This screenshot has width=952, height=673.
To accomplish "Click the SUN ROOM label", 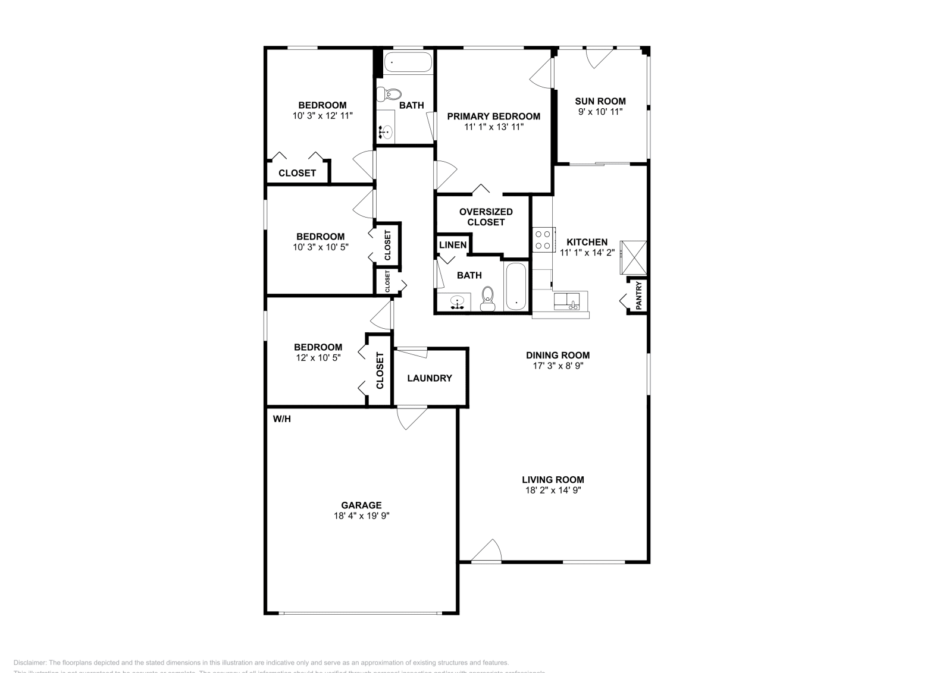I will click(x=600, y=101).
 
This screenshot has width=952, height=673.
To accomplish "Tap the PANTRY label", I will click(x=639, y=295).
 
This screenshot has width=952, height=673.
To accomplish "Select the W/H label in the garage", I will click(x=281, y=419).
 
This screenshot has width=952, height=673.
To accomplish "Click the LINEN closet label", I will click(x=453, y=245).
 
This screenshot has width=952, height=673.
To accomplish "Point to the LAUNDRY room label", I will click(x=430, y=378).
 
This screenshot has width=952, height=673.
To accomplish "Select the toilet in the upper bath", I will click(x=389, y=94).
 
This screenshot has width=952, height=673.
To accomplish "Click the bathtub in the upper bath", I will click(x=408, y=62).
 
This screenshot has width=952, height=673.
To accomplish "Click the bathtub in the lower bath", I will click(x=516, y=287).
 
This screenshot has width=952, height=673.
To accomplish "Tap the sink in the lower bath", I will click(x=458, y=302).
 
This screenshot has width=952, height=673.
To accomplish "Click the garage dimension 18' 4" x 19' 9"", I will click(x=362, y=516).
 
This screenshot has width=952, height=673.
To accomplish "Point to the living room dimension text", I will click(x=553, y=490).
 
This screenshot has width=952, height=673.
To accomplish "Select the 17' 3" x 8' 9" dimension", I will click(x=558, y=366).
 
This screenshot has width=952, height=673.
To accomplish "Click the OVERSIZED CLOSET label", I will click(x=486, y=217).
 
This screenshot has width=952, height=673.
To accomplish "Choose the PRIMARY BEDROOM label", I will click(x=494, y=116).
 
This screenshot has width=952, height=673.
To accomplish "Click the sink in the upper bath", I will click(x=386, y=131).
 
